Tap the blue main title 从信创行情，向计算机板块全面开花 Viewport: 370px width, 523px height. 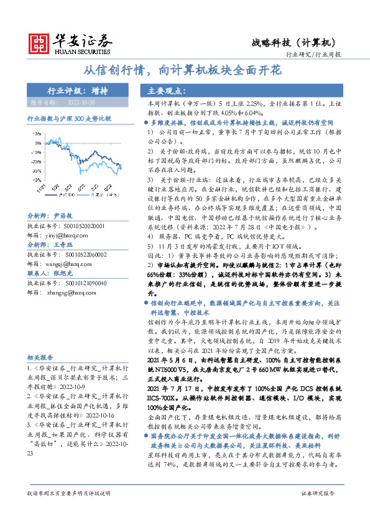click(183, 71)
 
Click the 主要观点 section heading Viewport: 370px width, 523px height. click(160, 89)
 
